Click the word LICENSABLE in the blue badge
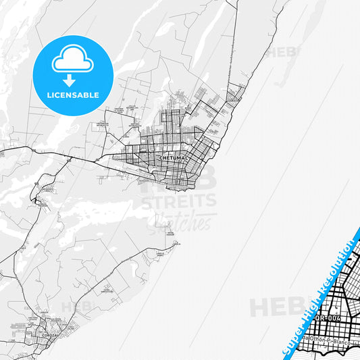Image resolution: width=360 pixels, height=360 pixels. click(x=72, y=95)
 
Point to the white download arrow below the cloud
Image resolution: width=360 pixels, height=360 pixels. click(x=72, y=79)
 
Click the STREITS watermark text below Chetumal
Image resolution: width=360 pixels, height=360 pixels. click(x=178, y=201)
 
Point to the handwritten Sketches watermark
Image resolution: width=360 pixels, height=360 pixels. click(x=185, y=220)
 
